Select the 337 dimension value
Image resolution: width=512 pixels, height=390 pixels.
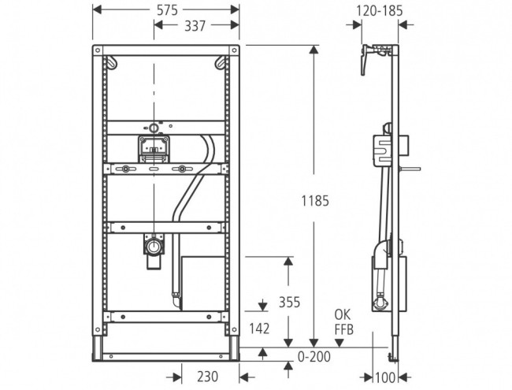pyautogui.click(x=195, y=26)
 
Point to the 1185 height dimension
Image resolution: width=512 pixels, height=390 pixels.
pyautogui.click(x=314, y=201)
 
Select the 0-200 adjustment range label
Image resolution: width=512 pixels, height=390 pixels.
pyautogui.click(x=314, y=356)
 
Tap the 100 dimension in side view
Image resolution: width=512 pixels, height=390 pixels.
pyautogui.click(x=383, y=377)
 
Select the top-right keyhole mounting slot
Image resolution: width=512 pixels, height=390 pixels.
pyautogui.click(x=223, y=62)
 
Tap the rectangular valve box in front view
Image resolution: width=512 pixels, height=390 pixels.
pyautogui.click(x=154, y=146)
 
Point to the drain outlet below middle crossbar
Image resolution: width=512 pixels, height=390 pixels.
pyautogui.click(x=153, y=250)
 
